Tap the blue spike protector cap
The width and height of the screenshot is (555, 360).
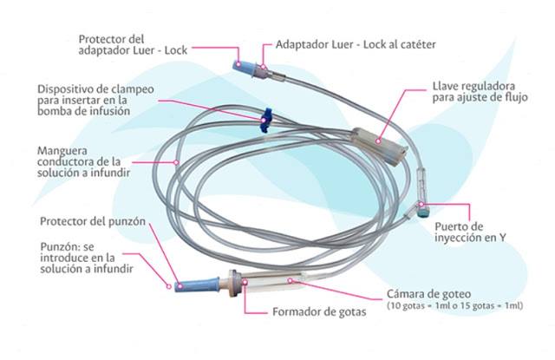(197, 285)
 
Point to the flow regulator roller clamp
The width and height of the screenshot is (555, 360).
(380, 146)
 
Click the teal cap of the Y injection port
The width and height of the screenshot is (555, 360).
(423, 213)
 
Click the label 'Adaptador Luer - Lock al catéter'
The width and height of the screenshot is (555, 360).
(356, 44)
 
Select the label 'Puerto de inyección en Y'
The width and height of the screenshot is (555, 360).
(470, 232)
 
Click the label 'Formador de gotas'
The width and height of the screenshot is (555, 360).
(319, 312)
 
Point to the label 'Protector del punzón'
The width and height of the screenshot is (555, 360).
(93, 221)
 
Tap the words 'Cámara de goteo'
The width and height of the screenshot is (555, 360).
(428, 294)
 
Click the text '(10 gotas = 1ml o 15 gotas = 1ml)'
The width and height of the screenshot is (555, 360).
(454, 306)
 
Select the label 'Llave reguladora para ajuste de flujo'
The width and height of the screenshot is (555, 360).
(480, 92)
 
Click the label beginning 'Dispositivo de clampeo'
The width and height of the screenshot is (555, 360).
(95, 100)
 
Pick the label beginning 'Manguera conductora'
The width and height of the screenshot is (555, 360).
(84, 161)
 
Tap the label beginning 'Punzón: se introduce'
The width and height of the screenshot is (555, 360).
(87, 258)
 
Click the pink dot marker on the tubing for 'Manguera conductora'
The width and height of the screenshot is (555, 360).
(176, 162)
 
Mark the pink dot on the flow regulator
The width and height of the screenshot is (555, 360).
(378, 141)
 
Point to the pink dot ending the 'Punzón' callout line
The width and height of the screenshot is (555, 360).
(169, 286)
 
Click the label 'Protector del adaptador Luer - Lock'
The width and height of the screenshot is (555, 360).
(133, 44)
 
